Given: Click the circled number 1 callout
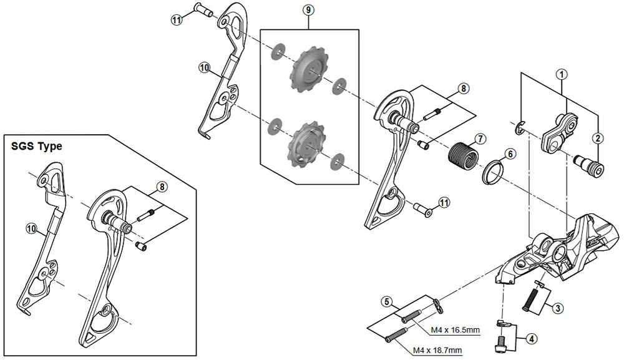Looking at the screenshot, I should pyautogui.click(x=562, y=74).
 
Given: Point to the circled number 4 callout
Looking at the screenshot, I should pyautogui.click(x=531, y=339).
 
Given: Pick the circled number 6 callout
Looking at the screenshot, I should pyautogui.click(x=510, y=153).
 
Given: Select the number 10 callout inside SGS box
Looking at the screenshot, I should pyautogui.click(x=31, y=228).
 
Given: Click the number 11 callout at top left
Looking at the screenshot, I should pyautogui.click(x=177, y=20).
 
